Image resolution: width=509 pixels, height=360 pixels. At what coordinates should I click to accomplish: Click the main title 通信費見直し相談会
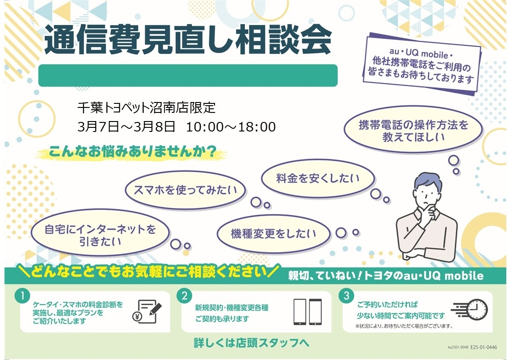tap(188, 40)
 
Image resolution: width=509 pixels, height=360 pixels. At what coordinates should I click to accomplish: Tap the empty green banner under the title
tap(188, 75)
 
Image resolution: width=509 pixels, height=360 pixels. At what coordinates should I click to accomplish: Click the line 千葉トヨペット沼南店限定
tap(146, 108)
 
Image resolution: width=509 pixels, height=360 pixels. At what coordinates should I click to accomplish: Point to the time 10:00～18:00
tap(231, 126)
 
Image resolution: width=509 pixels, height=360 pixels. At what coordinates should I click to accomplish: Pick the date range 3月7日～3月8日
tap(126, 126)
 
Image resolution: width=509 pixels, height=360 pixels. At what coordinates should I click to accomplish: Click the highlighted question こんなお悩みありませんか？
tap(132, 151)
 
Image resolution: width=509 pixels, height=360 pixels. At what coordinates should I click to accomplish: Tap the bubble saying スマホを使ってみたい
tap(185, 190)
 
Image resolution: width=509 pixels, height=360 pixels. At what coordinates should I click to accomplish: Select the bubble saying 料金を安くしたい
tap(318, 178)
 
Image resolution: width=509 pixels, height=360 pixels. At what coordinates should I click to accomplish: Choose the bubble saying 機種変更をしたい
tap(273, 234)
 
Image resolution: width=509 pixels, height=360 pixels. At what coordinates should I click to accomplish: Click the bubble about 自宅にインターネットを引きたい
tap(100, 234)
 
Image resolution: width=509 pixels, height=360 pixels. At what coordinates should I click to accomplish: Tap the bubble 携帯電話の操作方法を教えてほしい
tap(413, 130)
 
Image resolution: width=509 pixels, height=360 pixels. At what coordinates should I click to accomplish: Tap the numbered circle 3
tap(346, 296)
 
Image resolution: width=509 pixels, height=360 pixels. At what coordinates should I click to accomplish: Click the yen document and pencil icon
tap(147, 311)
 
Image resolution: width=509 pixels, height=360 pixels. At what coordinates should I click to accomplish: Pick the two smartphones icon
tap(307, 312)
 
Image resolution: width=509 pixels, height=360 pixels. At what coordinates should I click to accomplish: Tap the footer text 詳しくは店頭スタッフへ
tap(252, 343)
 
